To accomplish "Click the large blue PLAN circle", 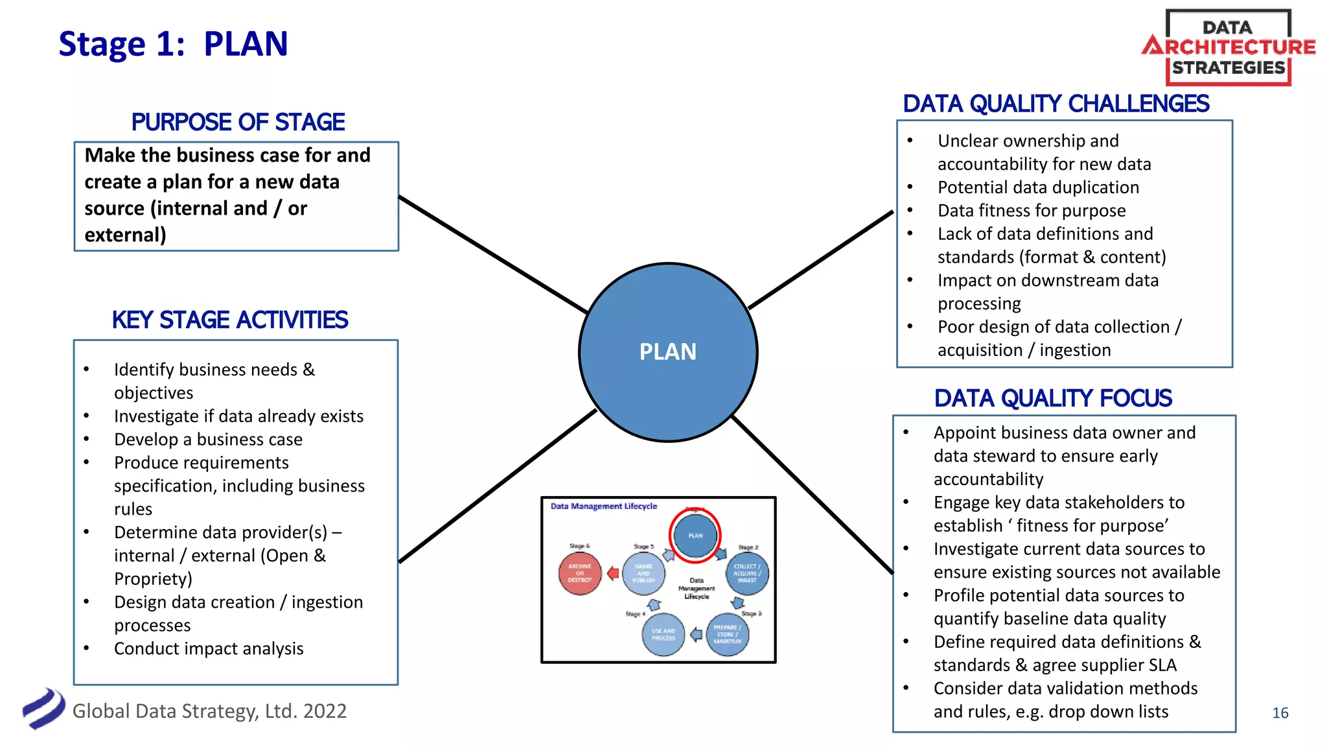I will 668,352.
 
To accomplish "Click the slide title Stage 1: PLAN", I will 173,44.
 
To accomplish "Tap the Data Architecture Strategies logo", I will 1229,47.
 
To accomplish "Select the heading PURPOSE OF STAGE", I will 238,122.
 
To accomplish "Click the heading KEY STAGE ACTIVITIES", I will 230,320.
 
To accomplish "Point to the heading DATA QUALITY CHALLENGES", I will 1056,104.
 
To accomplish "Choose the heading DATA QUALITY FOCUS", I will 1053,398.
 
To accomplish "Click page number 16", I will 1280,713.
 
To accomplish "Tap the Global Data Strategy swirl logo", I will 43,709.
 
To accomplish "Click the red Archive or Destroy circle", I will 580,573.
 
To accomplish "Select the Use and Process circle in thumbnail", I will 663,634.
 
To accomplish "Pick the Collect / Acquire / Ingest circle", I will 747,573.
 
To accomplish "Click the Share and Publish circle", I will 643,573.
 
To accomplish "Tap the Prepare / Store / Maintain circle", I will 727,634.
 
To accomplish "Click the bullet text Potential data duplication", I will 1038,187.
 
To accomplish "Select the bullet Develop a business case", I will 208,440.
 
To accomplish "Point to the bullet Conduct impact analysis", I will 209,648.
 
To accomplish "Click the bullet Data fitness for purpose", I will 1032,211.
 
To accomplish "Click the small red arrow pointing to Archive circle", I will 612,573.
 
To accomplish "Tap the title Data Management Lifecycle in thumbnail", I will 603,506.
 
